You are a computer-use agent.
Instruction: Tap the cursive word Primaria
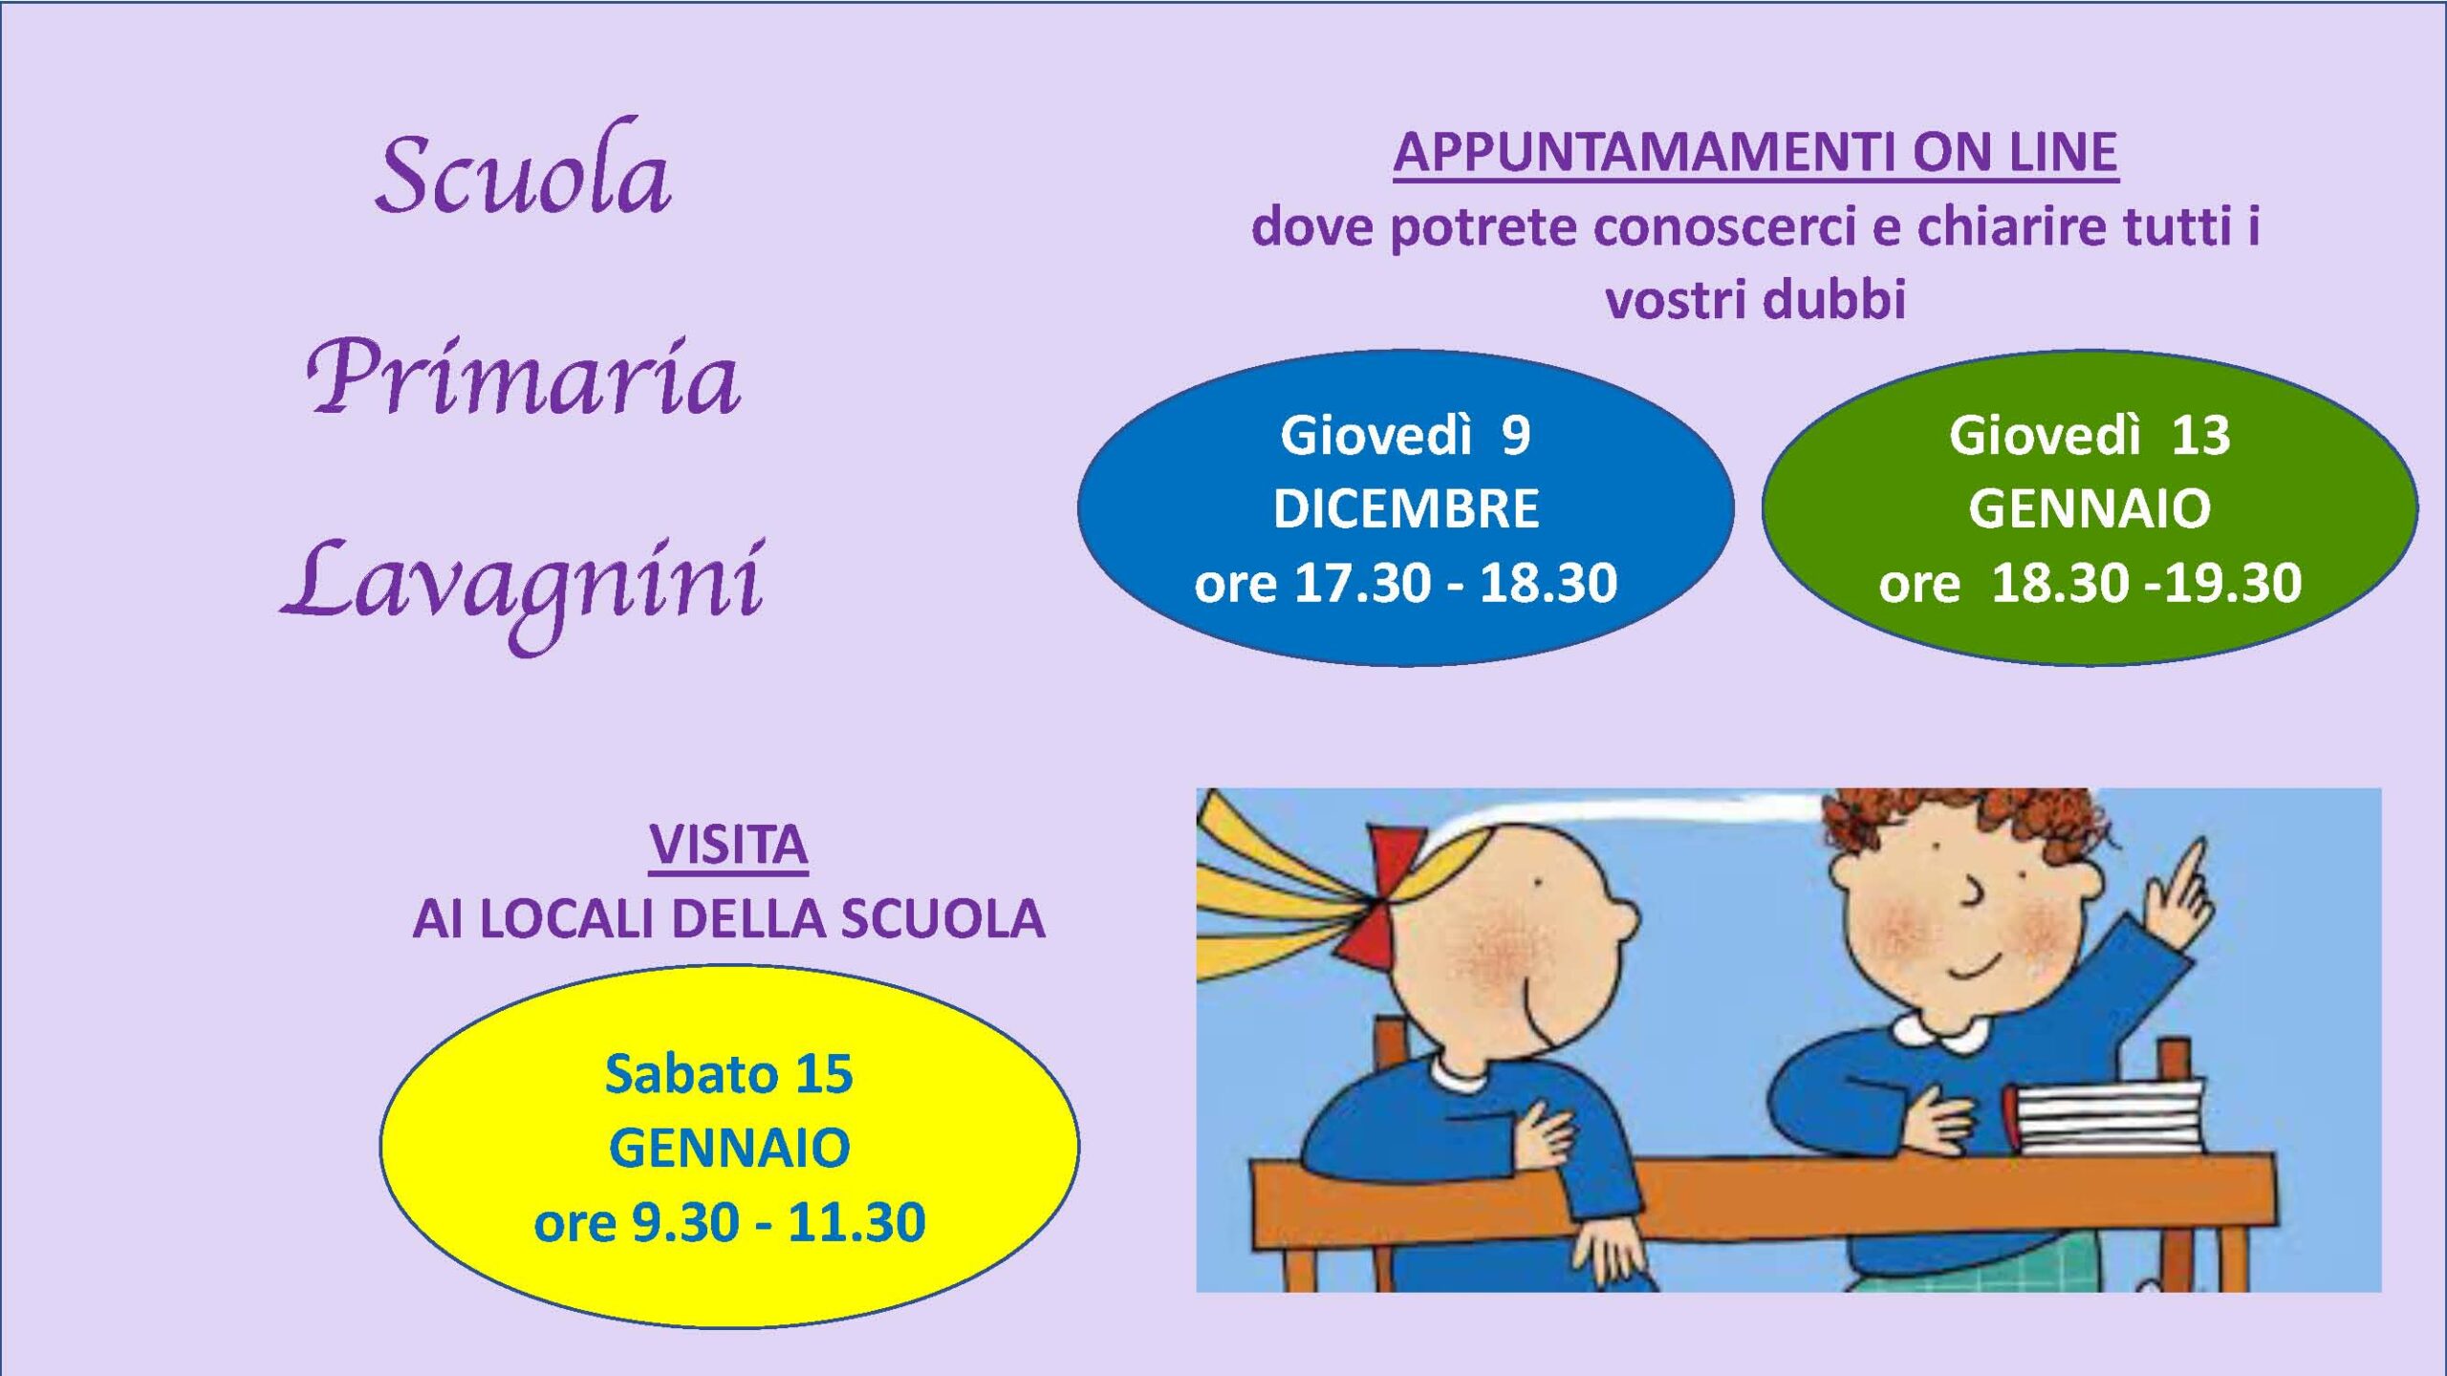pos(523,377)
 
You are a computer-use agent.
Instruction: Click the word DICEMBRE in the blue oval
pos(1406,508)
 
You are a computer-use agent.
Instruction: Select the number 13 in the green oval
pos(2200,436)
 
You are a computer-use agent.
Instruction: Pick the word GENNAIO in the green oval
pos(2090,508)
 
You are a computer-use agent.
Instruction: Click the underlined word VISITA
pos(728,846)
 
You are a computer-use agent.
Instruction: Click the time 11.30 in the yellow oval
pos(856,1222)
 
